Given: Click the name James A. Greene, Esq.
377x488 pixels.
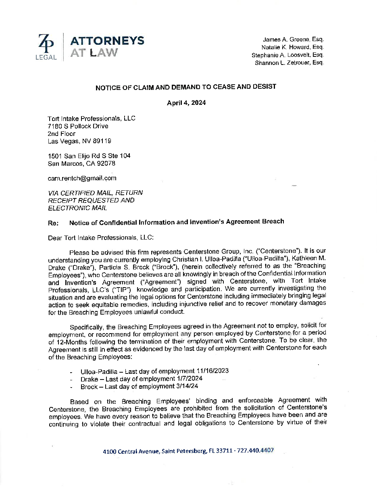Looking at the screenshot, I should [x=293, y=40].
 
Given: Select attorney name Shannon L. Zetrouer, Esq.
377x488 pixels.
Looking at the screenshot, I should [x=289, y=63].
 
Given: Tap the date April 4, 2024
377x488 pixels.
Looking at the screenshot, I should [x=186, y=103].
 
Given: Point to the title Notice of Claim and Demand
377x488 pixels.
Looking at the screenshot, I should [x=185, y=87].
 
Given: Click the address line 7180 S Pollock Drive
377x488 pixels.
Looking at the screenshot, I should [x=78, y=126].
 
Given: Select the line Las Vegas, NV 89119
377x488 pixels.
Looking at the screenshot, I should [x=79, y=141].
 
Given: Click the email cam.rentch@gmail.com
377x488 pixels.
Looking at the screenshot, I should [x=82, y=178].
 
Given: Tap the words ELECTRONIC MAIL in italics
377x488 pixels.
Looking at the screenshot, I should [x=77, y=208].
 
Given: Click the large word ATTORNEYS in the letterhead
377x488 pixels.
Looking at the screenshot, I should [x=107, y=40].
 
